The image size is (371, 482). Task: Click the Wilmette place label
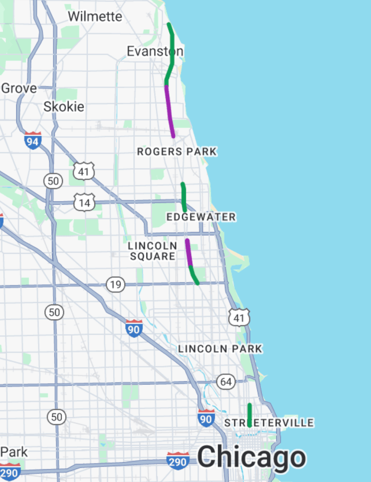point(95,17)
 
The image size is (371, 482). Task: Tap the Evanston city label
point(155,52)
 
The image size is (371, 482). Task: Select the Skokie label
point(64,107)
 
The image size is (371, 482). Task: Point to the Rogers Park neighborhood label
point(177,152)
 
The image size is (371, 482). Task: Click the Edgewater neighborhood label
point(201,217)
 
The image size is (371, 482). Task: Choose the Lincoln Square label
point(153,251)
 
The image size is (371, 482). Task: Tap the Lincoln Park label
point(220,349)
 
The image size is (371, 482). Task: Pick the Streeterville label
point(269,423)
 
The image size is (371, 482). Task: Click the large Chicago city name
point(251,458)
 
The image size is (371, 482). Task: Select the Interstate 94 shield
point(33,140)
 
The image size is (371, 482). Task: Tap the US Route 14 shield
point(84,203)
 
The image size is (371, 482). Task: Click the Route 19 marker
point(115,285)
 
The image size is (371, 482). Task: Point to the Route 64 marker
point(225,382)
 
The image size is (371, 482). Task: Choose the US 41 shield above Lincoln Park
point(239,318)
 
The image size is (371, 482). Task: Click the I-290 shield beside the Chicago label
point(178,461)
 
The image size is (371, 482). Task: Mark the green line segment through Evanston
point(172,52)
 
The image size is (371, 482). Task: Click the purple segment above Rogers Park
point(170,112)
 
